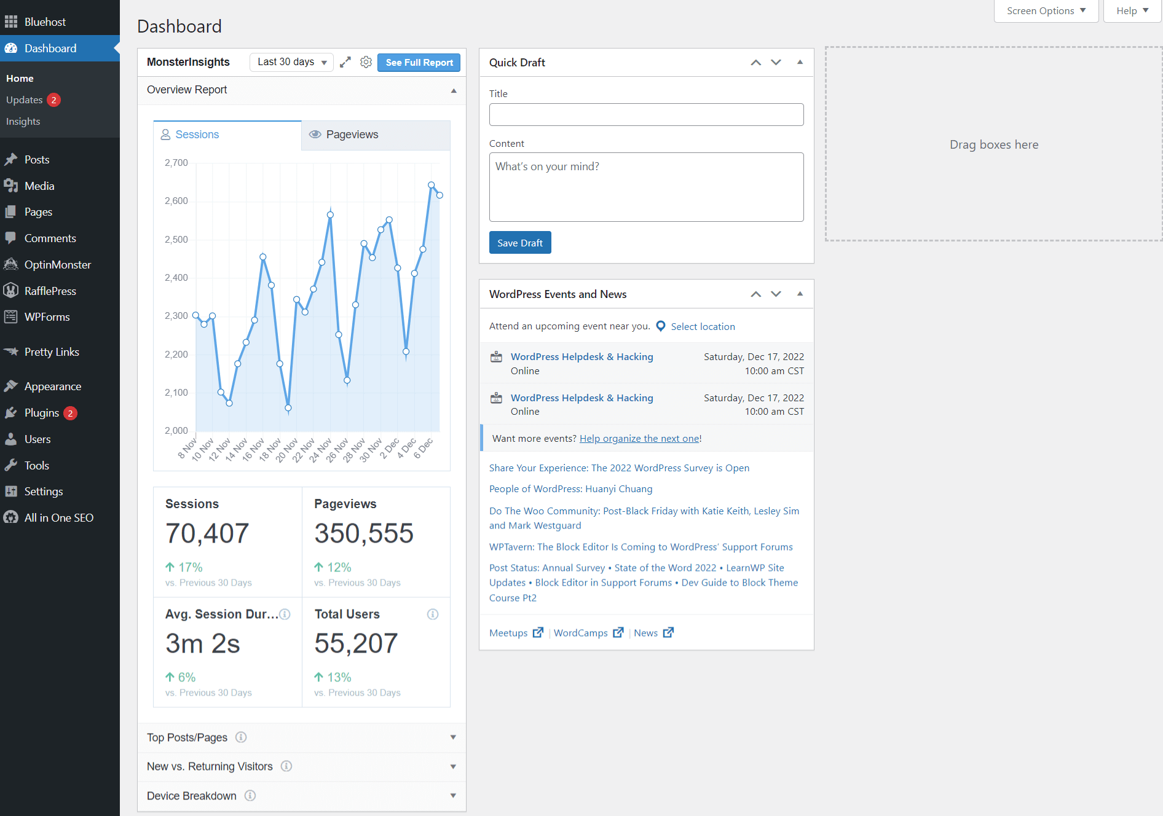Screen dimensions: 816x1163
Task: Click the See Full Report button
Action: click(419, 63)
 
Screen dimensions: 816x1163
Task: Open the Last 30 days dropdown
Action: click(291, 62)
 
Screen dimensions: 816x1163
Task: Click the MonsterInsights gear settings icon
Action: click(366, 62)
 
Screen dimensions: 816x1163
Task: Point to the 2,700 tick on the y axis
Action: click(176, 163)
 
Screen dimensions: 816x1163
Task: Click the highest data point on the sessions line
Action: click(432, 185)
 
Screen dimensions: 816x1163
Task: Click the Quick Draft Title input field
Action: click(646, 115)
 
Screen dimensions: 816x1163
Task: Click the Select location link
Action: click(703, 327)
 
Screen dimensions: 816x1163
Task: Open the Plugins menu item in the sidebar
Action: click(42, 413)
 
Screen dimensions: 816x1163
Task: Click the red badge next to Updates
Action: click(54, 100)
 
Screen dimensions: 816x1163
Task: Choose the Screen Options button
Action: click(1046, 11)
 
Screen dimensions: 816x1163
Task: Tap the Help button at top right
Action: click(1132, 11)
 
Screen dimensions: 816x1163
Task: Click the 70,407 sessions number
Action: click(207, 533)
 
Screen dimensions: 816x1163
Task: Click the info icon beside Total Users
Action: click(433, 614)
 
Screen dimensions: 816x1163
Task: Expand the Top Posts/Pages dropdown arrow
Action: click(453, 737)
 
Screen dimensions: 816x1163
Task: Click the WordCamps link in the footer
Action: click(581, 633)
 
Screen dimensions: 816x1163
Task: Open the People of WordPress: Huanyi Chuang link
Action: click(570, 489)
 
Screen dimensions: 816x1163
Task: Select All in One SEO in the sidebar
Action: click(58, 518)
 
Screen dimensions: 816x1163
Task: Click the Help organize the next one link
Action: click(639, 439)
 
